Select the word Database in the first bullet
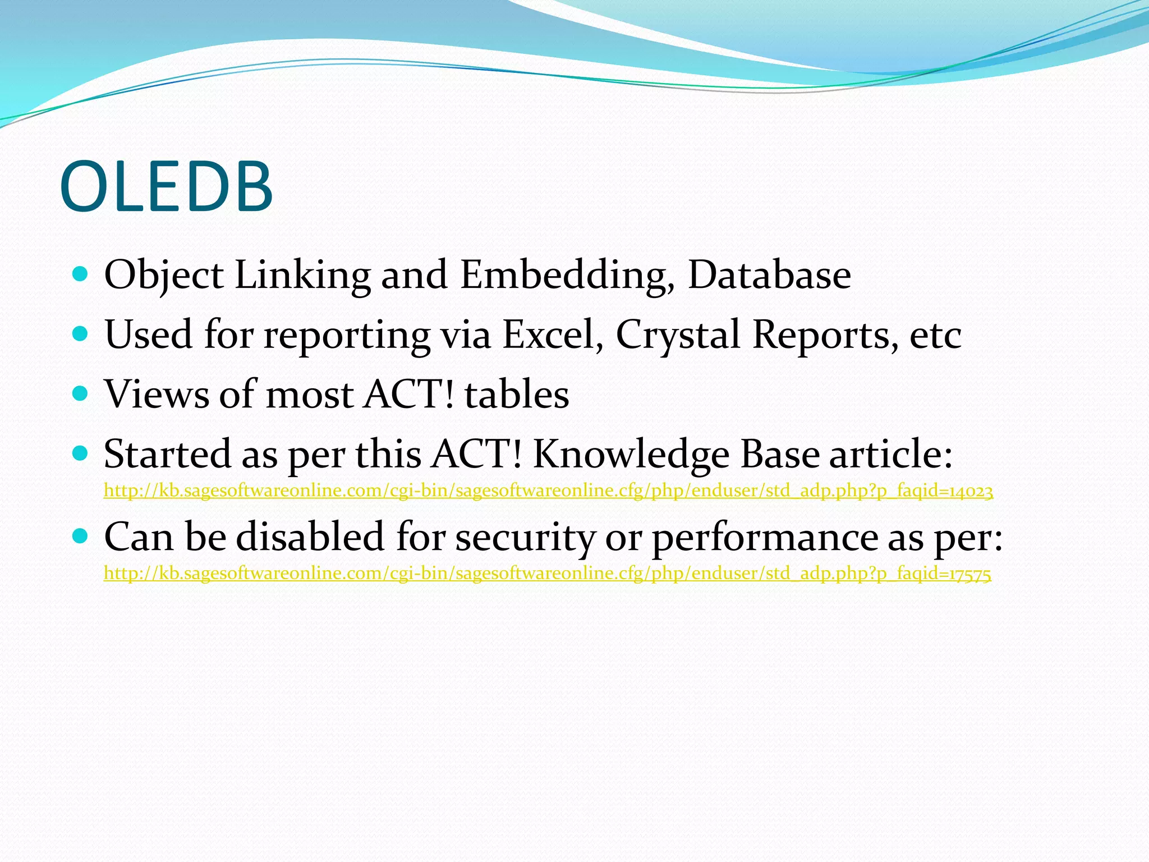coord(769,275)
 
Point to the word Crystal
coord(678,336)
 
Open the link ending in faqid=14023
coord(548,491)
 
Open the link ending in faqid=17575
coord(547,574)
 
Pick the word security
coord(524,538)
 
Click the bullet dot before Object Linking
coord(81,274)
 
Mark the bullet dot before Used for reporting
coord(81,334)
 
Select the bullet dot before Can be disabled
coord(81,536)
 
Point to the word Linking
coord(302,275)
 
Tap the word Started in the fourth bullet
coord(167,454)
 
